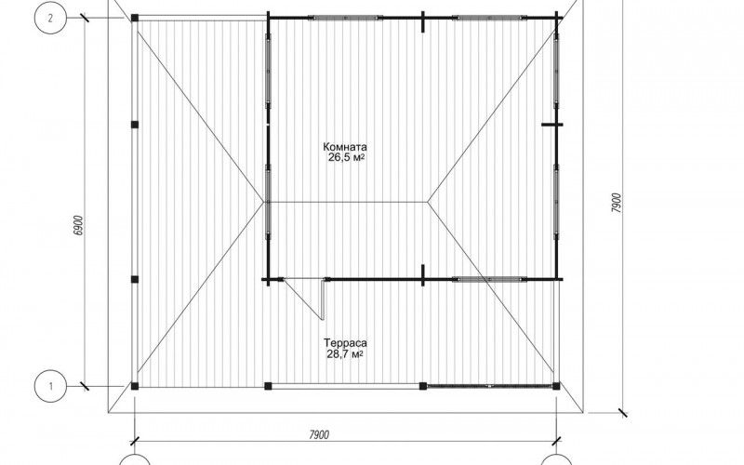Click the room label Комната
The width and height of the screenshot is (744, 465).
345,147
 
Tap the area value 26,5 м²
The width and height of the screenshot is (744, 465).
346,158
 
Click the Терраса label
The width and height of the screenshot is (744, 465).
345,342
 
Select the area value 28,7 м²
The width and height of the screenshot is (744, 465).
345,354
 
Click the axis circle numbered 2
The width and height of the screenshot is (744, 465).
50,18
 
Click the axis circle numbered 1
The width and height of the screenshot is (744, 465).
50,386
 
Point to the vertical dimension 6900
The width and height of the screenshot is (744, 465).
79,225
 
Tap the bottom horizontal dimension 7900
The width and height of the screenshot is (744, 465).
319,434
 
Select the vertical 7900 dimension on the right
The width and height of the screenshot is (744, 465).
616,203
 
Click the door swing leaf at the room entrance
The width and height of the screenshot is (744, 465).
305,299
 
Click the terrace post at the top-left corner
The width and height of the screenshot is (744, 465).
135,18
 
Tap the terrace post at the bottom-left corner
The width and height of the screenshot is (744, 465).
135,386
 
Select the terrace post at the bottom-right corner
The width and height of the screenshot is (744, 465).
556,386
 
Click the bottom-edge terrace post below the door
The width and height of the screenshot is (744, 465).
268,386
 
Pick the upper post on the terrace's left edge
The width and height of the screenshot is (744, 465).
135,125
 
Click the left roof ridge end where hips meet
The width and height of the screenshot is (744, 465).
264,202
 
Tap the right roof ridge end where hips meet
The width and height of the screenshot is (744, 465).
427,202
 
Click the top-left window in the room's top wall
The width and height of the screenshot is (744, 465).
345,18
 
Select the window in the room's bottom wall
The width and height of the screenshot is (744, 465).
489,279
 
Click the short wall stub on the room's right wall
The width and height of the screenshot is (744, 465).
552,125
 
